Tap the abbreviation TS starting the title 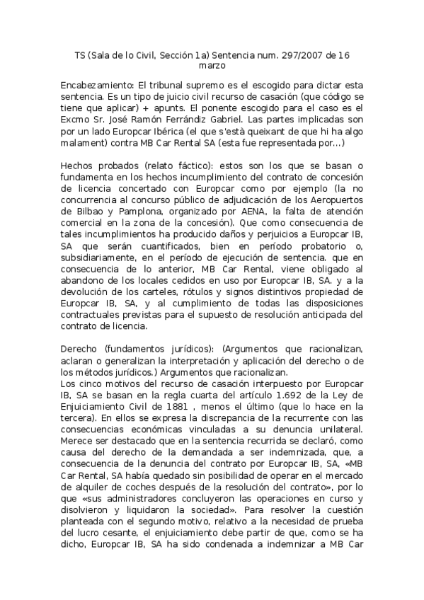81,54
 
